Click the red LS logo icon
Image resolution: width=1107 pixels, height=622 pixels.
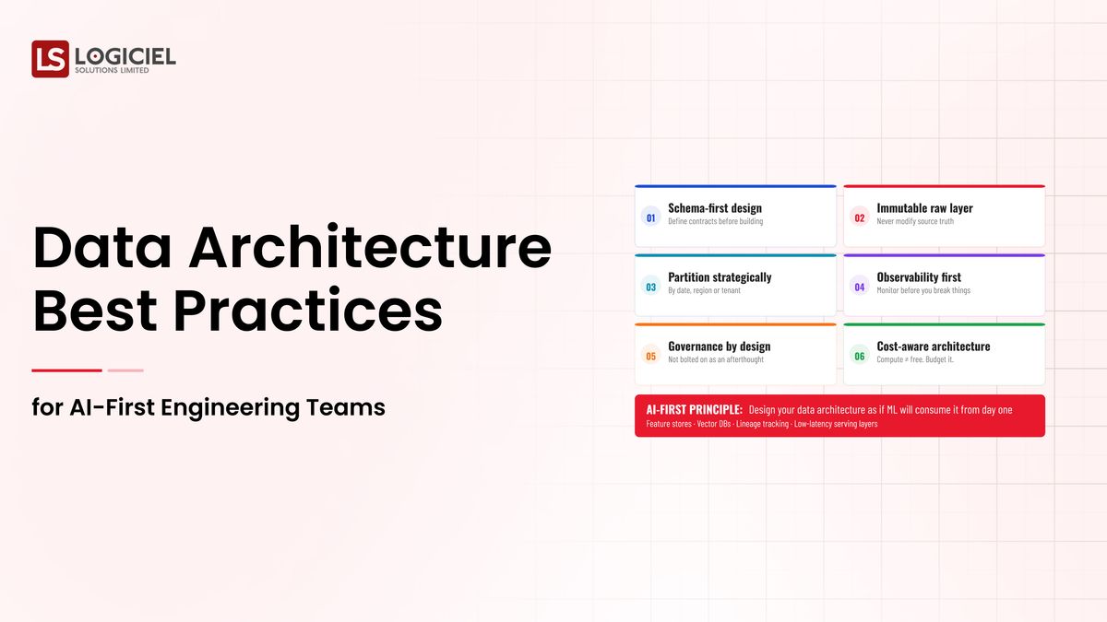click(x=50, y=59)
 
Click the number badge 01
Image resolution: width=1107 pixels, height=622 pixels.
click(x=650, y=218)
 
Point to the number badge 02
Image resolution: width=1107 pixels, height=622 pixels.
click(x=860, y=218)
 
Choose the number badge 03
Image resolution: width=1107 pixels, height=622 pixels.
click(x=650, y=287)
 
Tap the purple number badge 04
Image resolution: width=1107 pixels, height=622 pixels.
click(x=860, y=287)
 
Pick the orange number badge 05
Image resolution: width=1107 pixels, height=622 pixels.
click(x=650, y=356)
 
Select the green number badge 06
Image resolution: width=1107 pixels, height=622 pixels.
click(x=860, y=356)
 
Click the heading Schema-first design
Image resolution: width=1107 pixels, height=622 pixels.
click(x=715, y=208)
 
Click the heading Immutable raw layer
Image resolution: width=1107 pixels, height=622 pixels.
click(x=924, y=208)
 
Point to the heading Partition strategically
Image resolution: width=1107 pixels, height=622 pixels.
click(x=720, y=276)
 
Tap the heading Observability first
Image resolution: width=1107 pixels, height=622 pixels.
click(x=920, y=276)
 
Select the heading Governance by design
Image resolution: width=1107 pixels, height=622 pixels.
click(x=719, y=346)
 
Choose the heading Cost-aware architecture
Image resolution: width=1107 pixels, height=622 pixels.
click(x=933, y=346)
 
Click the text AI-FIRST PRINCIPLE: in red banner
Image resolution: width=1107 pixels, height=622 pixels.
click(x=694, y=409)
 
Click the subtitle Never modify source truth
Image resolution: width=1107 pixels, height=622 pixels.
click(x=915, y=221)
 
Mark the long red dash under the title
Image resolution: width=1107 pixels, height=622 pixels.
click(x=66, y=370)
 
